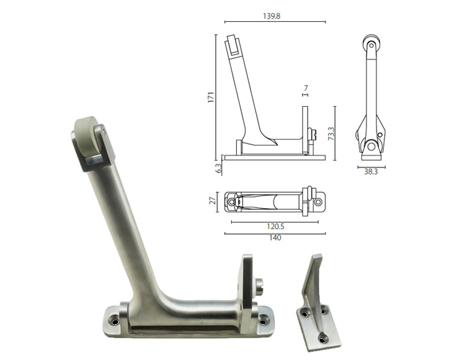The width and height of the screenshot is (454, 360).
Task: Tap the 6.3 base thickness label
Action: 216,167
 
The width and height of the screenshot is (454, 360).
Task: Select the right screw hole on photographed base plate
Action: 264,321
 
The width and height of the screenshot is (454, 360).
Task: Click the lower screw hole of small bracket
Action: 323,338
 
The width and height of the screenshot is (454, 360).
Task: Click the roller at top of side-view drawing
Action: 370,45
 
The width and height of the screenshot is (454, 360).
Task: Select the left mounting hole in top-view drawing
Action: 233,202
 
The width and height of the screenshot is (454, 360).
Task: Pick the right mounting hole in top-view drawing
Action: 319,202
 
